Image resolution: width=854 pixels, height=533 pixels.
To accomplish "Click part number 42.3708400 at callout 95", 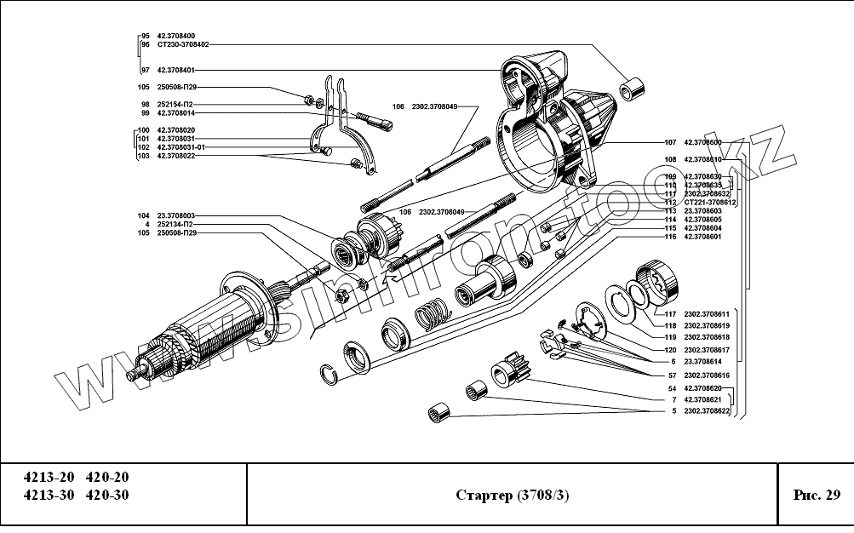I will pos(175,36).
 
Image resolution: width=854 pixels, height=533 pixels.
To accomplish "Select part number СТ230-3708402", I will pos(183,44).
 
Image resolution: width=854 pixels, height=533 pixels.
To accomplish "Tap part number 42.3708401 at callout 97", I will pos(175,70).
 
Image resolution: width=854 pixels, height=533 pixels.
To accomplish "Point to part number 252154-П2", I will pos(175,104).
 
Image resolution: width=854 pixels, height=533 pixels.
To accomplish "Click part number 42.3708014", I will pos(175,112).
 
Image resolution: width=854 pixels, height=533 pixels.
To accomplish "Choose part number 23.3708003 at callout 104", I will pos(175,215).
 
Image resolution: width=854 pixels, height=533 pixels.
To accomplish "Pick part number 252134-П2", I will pos(175,224).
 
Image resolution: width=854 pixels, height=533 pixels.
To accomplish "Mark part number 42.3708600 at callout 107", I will pos(702,142).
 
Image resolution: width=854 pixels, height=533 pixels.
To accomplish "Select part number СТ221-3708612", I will pos(709,203).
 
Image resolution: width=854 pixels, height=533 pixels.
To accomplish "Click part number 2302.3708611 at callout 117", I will pos(707,313).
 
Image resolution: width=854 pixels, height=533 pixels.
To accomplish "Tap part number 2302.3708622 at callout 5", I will pos(707,412).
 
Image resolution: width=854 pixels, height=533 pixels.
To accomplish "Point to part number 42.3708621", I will pos(702,399).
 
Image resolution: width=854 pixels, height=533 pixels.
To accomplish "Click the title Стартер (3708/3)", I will pos(512,496).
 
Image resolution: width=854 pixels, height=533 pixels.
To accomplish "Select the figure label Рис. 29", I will pos(817,496).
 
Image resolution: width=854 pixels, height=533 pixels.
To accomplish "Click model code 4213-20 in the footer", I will pos(49,477).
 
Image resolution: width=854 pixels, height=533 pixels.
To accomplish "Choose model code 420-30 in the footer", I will pos(108,496).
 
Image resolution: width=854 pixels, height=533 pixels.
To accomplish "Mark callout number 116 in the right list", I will pos(670,237).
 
